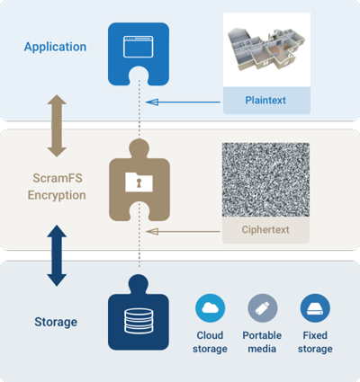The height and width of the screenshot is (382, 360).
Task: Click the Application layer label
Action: [x=56, y=47]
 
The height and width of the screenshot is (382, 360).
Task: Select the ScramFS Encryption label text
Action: [x=56, y=185]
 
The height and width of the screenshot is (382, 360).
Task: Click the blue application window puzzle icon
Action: [x=138, y=52]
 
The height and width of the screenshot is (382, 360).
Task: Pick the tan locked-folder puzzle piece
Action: [x=138, y=185]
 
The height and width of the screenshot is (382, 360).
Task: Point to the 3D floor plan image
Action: [x=265, y=49]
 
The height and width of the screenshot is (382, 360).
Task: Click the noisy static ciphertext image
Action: [x=265, y=179]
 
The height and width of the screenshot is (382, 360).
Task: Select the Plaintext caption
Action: [x=265, y=101]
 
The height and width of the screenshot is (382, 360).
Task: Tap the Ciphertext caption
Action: [x=265, y=230]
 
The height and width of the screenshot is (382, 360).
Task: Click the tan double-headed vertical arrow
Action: [x=57, y=115]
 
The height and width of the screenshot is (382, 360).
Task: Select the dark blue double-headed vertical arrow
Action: [x=57, y=255]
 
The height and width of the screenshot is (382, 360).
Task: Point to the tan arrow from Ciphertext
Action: [x=184, y=231]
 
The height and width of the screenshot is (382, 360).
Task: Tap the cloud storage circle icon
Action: [x=211, y=308]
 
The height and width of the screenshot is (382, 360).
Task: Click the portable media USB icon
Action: [x=263, y=308]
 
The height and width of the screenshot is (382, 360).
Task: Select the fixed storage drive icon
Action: [x=315, y=308]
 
